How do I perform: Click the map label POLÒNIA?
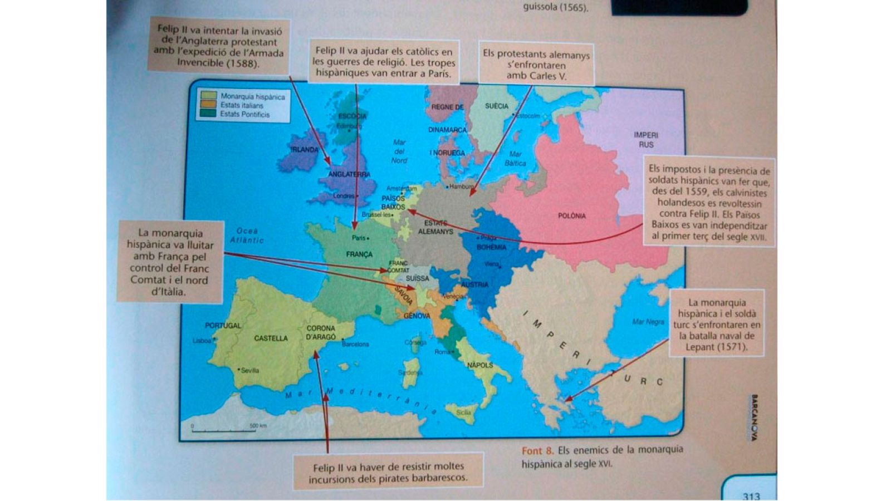point(572,216)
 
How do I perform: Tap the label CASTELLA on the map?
point(271,338)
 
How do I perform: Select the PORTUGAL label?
point(223,326)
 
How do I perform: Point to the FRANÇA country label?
point(359,254)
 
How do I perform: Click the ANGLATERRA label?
point(349,174)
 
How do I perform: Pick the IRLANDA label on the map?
point(304,149)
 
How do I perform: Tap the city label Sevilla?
point(250,370)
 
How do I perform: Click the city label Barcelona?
point(355,344)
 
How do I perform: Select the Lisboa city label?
point(202,341)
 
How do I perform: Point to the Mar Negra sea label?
point(648,322)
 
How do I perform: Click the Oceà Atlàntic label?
point(247,235)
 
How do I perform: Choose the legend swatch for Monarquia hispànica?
point(209,96)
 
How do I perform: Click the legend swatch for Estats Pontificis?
point(209,114)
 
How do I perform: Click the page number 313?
point(751,495)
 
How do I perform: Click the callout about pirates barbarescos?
point(388,472)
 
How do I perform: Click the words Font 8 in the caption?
point(537,450)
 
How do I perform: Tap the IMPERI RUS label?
point(645,140)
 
